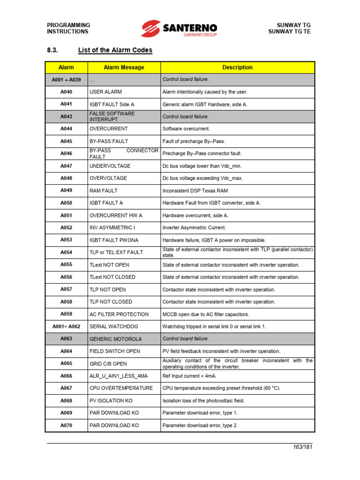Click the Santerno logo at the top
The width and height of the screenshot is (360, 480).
point(180,28)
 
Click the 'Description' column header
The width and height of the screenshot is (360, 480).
point(237,67)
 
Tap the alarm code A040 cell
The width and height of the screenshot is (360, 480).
point(66,92)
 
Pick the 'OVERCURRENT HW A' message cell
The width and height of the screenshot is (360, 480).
point(115,216)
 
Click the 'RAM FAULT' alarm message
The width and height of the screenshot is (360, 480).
point(104,191)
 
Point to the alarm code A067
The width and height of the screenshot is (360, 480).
point(66,388)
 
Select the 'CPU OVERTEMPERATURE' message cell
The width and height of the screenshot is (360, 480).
point(121,388)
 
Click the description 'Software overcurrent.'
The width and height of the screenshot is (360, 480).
point(186,128)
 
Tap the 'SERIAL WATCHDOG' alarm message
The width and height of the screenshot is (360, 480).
point(114,326)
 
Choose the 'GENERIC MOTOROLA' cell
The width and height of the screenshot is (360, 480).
point(115,339)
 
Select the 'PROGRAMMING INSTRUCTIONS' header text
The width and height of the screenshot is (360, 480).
point(68,28)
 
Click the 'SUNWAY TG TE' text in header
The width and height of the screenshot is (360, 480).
point(289,31)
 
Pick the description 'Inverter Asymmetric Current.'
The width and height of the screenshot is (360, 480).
point(194,228)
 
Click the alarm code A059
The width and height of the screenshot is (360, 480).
point(66,314)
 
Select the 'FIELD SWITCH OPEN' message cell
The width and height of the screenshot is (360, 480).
point(114,351)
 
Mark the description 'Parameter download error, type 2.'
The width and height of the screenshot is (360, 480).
point(200,426)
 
